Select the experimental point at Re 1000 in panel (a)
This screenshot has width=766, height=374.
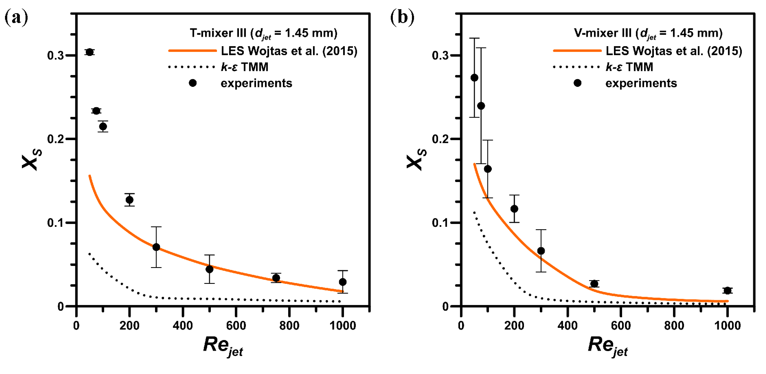(x=342, y=282)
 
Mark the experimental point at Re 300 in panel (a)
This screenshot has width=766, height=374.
(x=156, y=247)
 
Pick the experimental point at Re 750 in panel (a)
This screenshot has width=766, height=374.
(x=276, y=278)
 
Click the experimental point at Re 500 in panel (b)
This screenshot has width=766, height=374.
(x=594, y=283)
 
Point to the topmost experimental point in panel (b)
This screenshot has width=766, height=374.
(x=474, y=77)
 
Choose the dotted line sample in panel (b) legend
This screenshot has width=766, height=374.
(x=577, y=67)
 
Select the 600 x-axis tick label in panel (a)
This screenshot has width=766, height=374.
(x=236, y=326)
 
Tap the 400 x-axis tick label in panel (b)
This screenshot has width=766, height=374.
(x=567, y=326)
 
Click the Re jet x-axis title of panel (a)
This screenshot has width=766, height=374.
(x=223, y=346)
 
